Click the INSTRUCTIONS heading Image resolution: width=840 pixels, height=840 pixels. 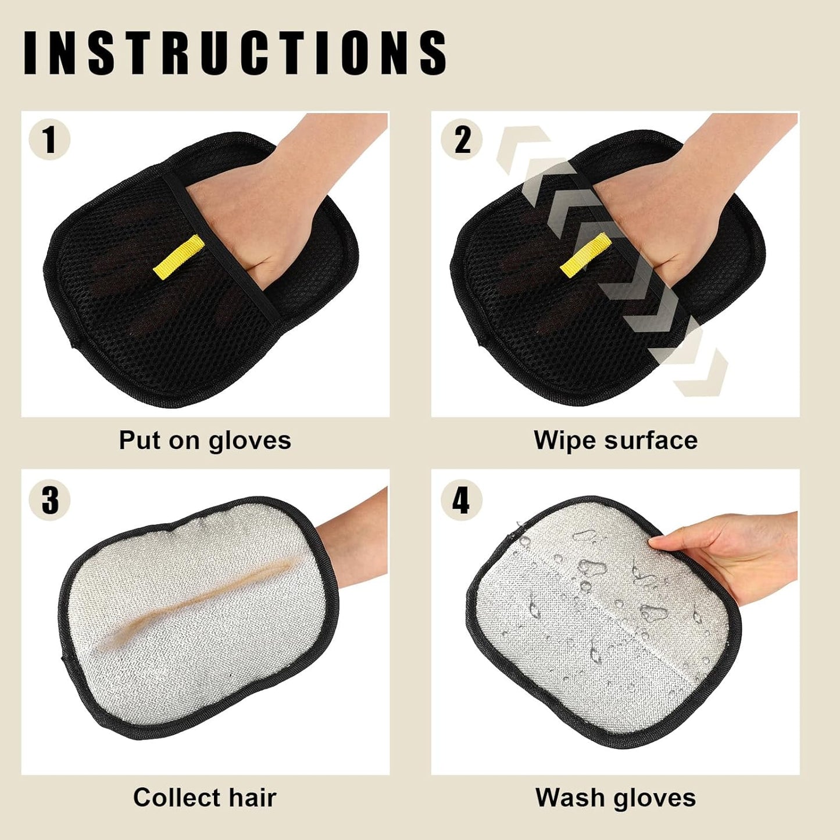coord(235,53)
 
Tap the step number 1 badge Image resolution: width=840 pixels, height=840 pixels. coord(49,140)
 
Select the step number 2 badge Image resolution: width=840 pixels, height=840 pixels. coord(462,140)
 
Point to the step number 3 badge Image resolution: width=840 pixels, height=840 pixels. coord(49,500)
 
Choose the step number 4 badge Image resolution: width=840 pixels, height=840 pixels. coord(461,500)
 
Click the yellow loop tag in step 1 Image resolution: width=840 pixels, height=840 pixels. coord(178,256)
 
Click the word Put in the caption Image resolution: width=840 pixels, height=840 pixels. coord(139,441)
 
